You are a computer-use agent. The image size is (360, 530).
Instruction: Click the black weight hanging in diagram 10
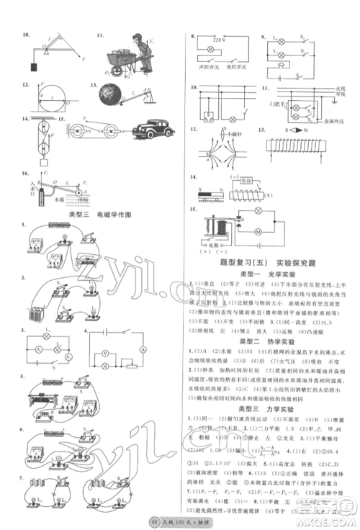[x=34, y=67]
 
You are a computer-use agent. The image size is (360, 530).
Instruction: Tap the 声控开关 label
[x=207, y=73]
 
